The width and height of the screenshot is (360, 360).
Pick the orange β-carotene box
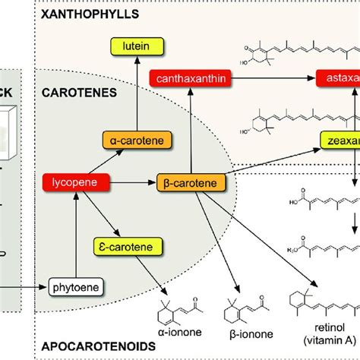point(191,182)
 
